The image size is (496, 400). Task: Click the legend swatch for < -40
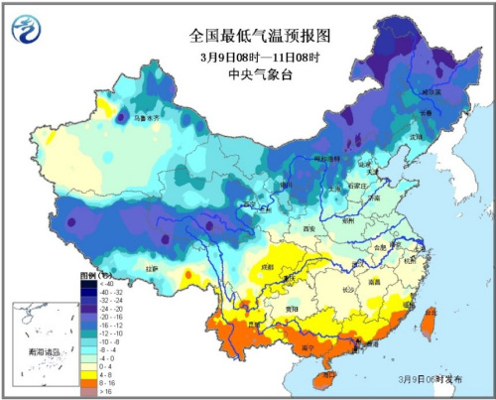point(87,281)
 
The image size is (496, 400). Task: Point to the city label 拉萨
point(152,268)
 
